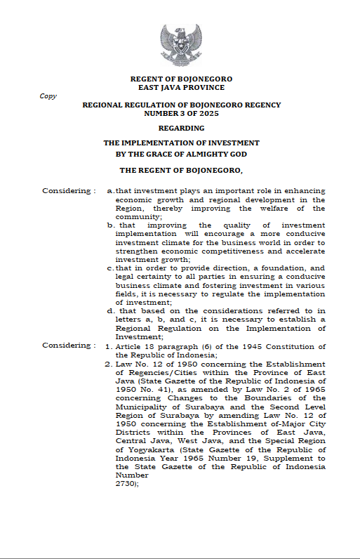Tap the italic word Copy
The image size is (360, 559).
pyautogui.click(x=48, y=96)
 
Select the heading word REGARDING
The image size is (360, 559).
pyautogui.click(x=181, y=128)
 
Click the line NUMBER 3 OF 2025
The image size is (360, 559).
pyautogui.click(x=181, y=112)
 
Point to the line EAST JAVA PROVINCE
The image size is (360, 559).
pyautogui.click(x=181, y=88)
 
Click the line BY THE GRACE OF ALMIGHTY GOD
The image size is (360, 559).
pyautogui.click(x=181, y=154)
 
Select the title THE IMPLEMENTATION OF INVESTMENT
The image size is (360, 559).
pyautogui.click(x=181, y=143)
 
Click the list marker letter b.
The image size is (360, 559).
pyautogui.click(x=110, y=225)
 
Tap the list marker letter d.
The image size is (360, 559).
pyautogui.click(x=110, y=310)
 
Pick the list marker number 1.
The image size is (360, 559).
pyautogui.click(x=109, y=346)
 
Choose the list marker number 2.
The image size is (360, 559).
pyautogui.click(x=109, y=364)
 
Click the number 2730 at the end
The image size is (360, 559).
pyautogui.click(x=126, y=484)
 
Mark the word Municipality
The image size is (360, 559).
pyautogui.click(x=142, y=405)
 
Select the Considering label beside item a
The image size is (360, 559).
pyautogui.click(x=66, y=191)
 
